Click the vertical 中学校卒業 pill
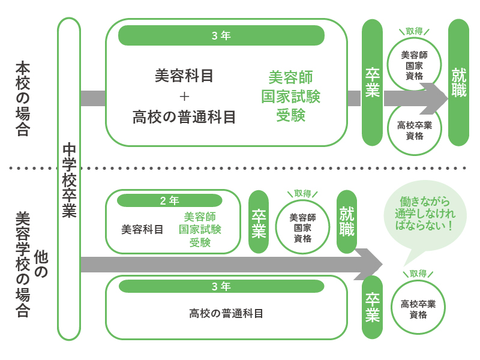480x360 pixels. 69,179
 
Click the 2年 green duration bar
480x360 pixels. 169,200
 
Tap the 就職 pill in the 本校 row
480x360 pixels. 458,83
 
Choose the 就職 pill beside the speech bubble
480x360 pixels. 347,221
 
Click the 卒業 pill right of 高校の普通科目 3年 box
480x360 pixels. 373,307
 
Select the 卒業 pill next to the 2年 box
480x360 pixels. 259,222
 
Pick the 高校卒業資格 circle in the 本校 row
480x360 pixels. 415,130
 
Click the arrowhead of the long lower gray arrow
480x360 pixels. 371,264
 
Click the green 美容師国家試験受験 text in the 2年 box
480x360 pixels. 200,229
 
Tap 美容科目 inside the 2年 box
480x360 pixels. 142,229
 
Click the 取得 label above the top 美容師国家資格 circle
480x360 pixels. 415,31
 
